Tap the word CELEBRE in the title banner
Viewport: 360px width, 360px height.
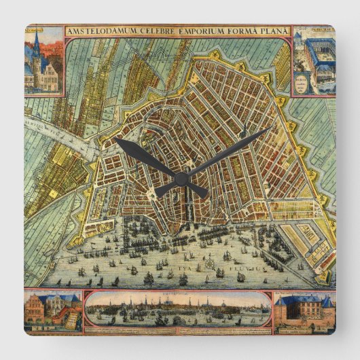point(150,31)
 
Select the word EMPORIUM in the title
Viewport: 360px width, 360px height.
point(194,31)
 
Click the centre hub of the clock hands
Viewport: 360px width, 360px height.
point(181,178)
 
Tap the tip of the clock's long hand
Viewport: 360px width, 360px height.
point(270,128)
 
